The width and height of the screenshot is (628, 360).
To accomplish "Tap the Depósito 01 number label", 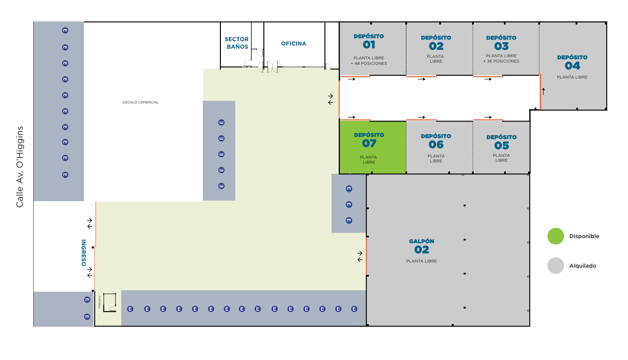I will click(x=369, y=45).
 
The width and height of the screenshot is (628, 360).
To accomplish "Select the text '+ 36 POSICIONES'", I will click(x=501, y=61).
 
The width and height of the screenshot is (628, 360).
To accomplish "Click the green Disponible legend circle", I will click(x=555, y=236).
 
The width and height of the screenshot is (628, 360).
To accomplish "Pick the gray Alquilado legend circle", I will click(x=555, y=266).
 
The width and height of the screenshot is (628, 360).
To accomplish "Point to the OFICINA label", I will click(x=293, y=44).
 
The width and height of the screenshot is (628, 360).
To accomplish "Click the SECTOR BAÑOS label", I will click(x=237, y=43).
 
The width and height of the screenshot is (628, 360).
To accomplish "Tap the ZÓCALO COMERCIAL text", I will click(x=140, y=103).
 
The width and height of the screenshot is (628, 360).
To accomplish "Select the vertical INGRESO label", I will click(x=84, y=253).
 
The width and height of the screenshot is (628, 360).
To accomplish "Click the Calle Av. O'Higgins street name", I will click(x=20, y=167).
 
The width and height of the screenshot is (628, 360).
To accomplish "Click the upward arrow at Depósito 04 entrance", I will click(x=543, y=91).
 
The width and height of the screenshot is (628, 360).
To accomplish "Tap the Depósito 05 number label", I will click(x=502, y=145).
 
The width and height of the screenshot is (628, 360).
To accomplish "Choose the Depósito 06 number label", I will click(x=436, y=144).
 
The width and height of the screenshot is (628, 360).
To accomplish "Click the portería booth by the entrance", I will click(x=110, y=303).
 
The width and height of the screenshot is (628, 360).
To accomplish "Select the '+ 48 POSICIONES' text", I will click(x=369, y=64).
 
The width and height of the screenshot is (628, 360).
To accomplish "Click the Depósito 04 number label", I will click(x=572, y=66).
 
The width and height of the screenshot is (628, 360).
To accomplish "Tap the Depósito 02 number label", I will click(x=436, y=46).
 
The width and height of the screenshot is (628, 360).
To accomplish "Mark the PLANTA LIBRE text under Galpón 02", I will click(x=421, y=261).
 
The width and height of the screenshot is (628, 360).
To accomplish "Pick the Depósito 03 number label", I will click(x=501, y=46).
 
